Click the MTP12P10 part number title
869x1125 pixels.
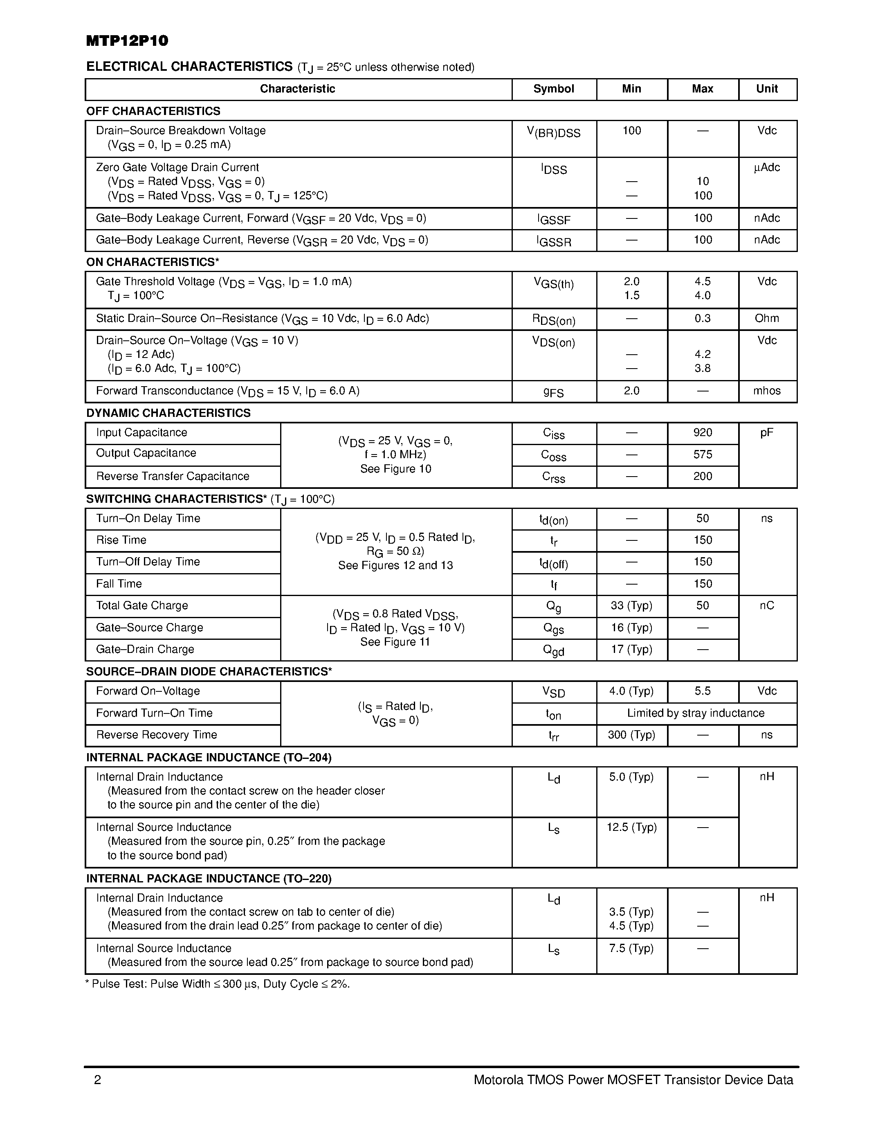pyautogui.click(x=127, y=41)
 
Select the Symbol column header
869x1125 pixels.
pyautogui.click(x=553, y=89)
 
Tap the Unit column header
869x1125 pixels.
pyautogui.click(x=766, y=89)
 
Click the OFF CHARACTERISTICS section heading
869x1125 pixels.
pyautogui.click(x=153, y=111)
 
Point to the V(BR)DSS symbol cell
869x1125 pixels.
pyautogui.click(x=553, y=133)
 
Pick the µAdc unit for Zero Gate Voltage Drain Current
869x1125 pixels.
pyautogui.click(x=766, y=167)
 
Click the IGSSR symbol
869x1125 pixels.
pyautogui.click(x=553, y=241)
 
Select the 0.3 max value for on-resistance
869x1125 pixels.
pyautogui.click(x=702, y=318)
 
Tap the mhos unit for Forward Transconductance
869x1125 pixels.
pyautogui.click(x=766, y=391)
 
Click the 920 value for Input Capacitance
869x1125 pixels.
pyautogui.click(x=702, y=433)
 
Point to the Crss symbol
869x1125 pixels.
pyautogui.click(x=553, y=477)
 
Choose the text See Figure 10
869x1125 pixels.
pyautogui.click(x=395, y=469)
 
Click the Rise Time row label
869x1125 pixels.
pyautogui.click(x=121, y=540)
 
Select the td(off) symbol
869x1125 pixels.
pyautogui.click(x=553, y=563)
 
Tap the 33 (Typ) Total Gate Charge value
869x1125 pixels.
pyautogui.click(x=631, y=606)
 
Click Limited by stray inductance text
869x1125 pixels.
pyautogui.click(x=696, y=713)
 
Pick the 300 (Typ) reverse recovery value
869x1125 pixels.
pyautogui.click(x=631, y=735)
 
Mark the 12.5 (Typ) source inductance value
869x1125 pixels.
pyautogui.click(x=631, y=827)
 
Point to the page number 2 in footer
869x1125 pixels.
pyautogui.click(x=98, y=1080)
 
